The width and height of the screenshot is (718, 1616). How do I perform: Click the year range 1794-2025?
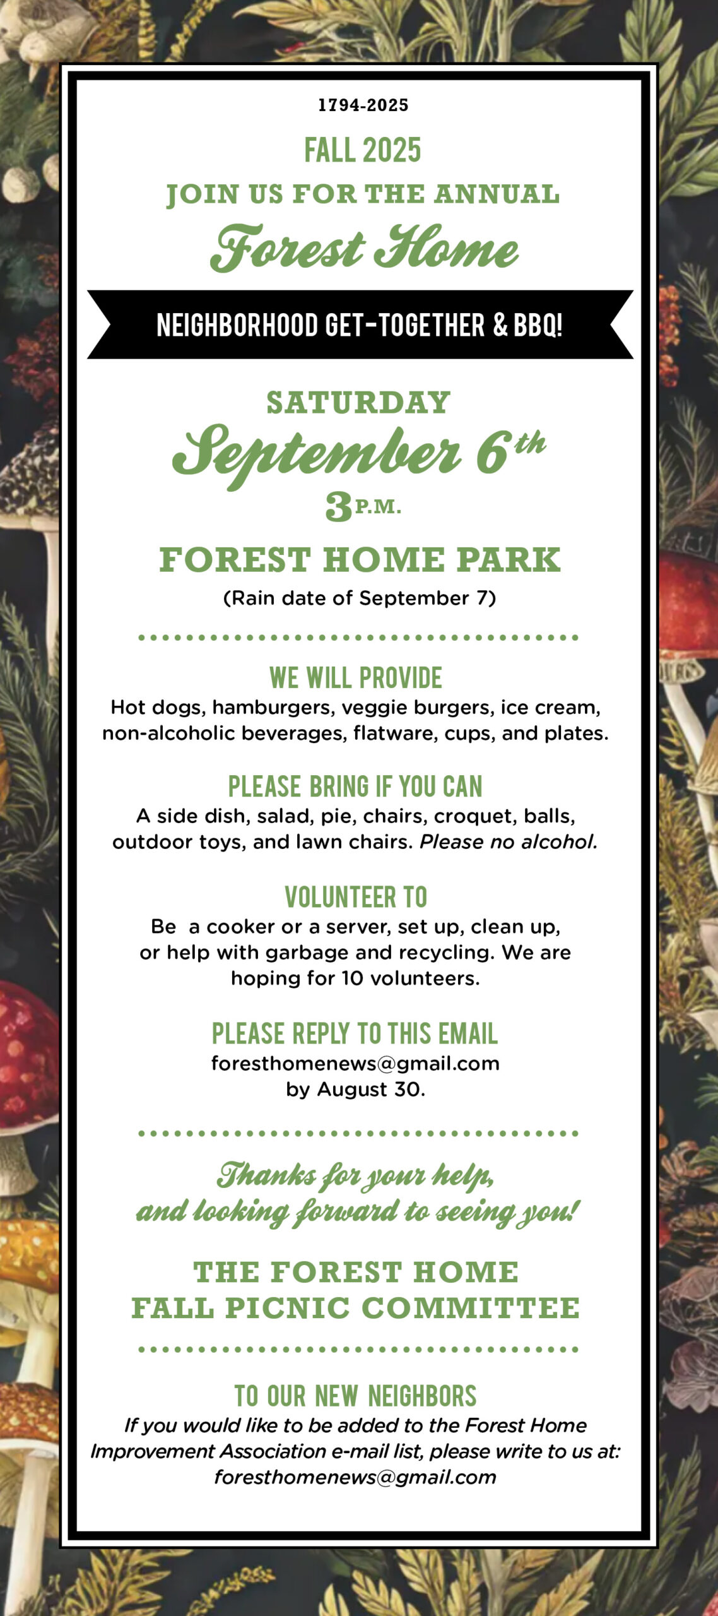[363, 105]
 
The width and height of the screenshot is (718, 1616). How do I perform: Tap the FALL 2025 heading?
[363, 150]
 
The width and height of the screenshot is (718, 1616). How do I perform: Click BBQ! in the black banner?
[538, 325]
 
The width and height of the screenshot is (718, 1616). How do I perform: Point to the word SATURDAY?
[358, 403]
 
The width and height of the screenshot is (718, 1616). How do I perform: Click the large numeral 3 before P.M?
[339, 507]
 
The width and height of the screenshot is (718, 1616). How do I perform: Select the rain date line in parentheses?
[360, 598]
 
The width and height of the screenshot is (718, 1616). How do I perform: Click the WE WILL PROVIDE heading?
[356, 678]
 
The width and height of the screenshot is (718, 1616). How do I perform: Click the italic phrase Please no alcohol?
[509, 842]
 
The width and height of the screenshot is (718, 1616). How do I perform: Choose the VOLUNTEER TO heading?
[356, 897]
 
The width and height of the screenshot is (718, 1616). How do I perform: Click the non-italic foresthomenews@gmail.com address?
[355, 1064]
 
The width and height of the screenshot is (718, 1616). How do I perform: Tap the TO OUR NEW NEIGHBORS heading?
[356, 1396]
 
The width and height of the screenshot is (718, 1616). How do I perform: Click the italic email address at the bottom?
[355, 1478]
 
